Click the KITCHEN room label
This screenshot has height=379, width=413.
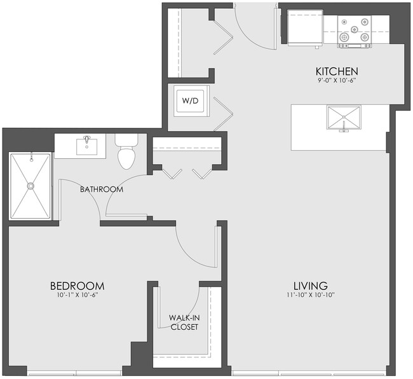[337, 71]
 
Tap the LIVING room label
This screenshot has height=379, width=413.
[310, 285]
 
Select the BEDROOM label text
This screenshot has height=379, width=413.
[77, 286]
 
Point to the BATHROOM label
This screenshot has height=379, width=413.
[102, 190]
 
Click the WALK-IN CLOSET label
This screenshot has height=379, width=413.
[184, 322]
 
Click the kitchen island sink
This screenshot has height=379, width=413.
[344, 118]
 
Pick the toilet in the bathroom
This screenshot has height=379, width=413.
[126, 153]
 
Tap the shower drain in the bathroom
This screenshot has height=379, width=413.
[29, 186]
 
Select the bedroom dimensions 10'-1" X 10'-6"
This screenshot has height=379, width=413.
[77, 295]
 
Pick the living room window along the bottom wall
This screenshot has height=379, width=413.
[309, 371]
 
